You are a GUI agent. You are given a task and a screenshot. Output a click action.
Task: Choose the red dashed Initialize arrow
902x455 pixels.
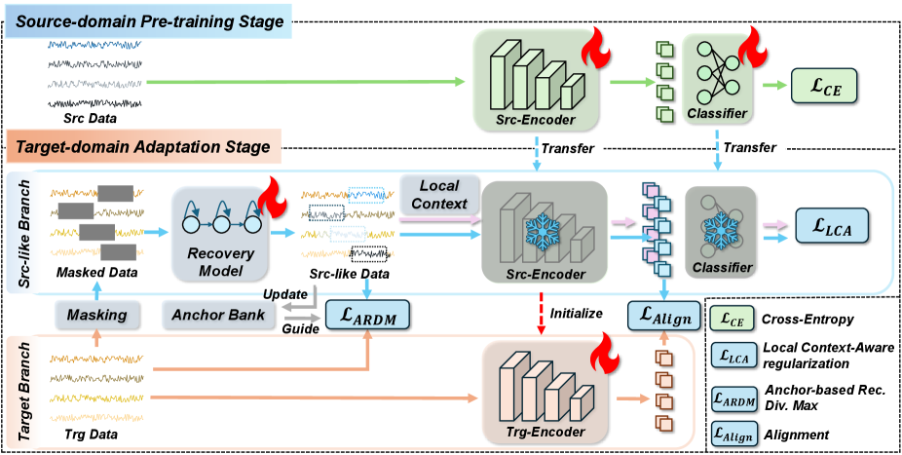tap(534, 314)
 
